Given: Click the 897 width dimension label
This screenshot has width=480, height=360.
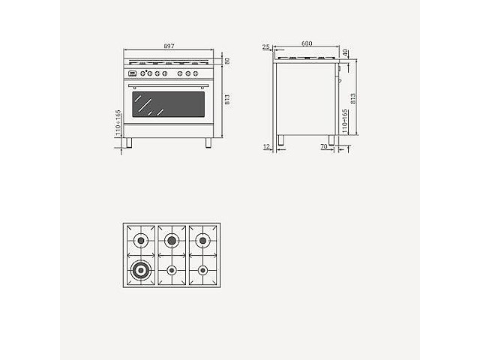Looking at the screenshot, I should click(169, 46).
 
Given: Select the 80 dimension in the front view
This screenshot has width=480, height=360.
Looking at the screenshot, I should click(226, 61).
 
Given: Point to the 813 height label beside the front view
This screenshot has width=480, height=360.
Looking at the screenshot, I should click(226, 99).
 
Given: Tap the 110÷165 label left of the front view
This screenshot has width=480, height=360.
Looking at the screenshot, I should click(118, 121).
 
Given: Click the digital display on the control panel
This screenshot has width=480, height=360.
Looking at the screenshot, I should click(133, 73).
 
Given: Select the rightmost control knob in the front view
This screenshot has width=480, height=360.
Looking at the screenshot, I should click(196, 73).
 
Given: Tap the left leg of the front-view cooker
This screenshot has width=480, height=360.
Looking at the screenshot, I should click(130, 142).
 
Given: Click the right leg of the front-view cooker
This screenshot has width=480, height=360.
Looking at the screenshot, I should click(208, 142).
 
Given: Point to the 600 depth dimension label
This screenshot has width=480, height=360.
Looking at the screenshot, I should click(306, 44).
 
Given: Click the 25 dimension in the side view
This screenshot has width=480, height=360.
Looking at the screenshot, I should click(266, 47).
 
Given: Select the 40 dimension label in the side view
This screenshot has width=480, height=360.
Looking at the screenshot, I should click(346, 52).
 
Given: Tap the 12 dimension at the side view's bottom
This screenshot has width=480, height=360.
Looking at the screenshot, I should click(267, 147).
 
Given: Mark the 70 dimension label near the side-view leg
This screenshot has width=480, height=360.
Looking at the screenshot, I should click(323, 147).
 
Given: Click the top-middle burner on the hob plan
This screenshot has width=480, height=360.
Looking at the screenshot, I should click(172, 240).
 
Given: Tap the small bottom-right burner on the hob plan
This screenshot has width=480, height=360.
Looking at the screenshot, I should click(202, 270).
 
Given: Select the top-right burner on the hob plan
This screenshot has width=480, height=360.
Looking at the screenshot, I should click(202, 240).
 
